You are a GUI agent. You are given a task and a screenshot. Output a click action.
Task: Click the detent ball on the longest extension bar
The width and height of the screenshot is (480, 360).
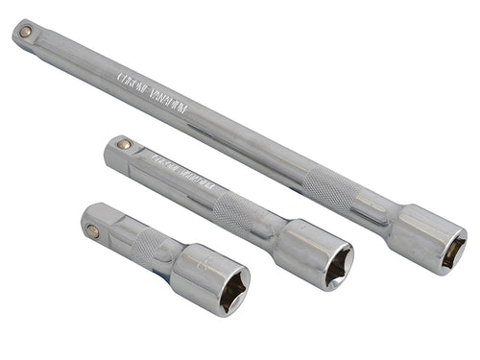[x=25, y=32]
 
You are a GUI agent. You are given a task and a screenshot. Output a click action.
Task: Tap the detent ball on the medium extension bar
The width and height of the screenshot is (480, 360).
[x=124, y=145]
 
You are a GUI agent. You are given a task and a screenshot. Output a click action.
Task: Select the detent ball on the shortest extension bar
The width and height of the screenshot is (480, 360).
[x=92, y=230]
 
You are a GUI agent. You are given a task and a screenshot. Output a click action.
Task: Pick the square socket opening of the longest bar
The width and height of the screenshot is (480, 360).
[x=450, y=252]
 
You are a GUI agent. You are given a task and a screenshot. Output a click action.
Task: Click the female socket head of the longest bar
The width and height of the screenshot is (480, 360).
[x=427, y=238]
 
